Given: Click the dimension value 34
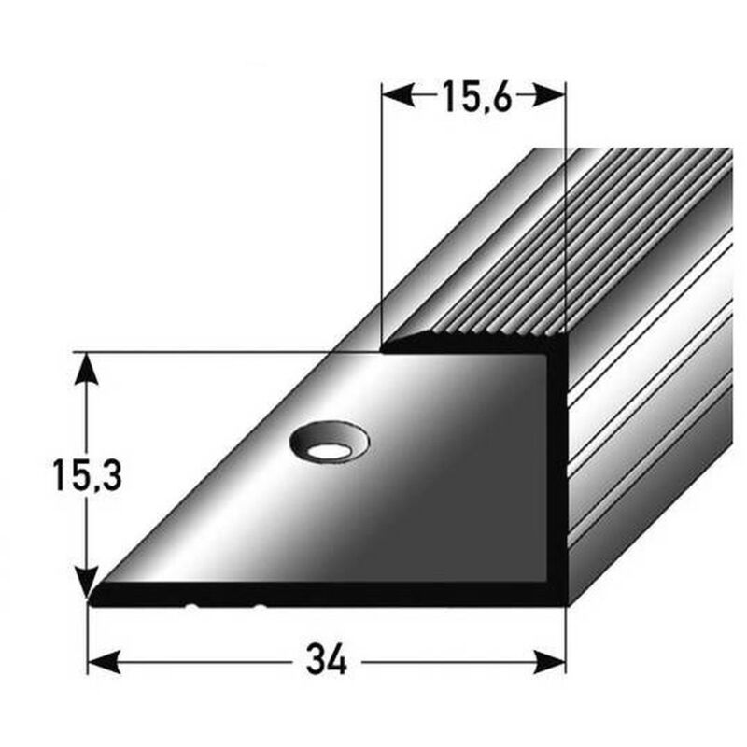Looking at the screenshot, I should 326,662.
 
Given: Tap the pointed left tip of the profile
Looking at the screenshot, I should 91,598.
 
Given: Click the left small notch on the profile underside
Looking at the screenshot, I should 194,607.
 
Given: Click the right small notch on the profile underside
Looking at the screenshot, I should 260,607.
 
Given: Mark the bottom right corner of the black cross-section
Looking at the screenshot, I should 564,605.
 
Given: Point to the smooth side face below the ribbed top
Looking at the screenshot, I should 654,448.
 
